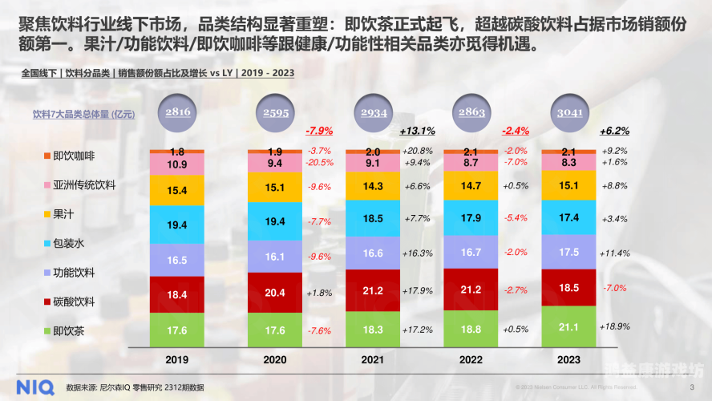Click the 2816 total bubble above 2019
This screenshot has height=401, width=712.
[x=177, y=113]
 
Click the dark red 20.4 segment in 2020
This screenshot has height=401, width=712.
[x=275, y=293]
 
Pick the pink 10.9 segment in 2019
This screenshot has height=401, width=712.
[x=177, y=164]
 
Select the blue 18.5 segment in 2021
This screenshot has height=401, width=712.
[x=372, y=217]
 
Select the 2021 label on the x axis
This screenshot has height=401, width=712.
[x=372, y=360]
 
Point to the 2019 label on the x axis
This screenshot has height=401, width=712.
[x=177, y=360]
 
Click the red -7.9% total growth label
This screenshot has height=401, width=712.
[x=319, y=131]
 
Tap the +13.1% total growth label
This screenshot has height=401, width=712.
[x=417, y=131]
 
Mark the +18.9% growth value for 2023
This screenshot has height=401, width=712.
[x=614, y=327]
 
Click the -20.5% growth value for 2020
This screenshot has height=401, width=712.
[x=319, y=162]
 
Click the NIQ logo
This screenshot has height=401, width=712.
[x=27, y=387]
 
